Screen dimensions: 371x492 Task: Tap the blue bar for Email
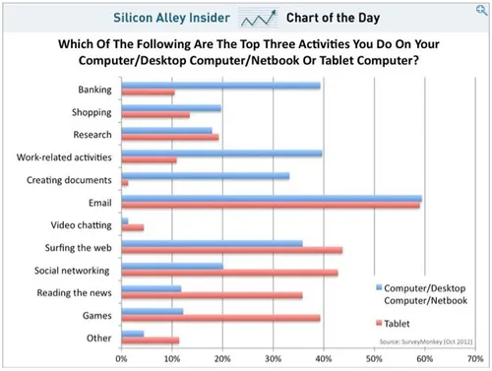pyautogui.click(x=272, y=199)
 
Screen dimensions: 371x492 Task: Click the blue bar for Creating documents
pyautogui.click(x=205, y=176)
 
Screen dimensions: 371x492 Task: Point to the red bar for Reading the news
pyautogui.click(x=212, y=295)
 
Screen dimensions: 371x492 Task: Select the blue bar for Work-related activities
pyautogui.click(x=221, y=153)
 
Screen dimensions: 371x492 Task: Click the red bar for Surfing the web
pyautogui.click(x=231, y=250)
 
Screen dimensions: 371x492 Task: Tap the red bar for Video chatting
pyautogui.click(x=132, y=227)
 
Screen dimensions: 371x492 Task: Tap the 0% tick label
pyautogui.click(x=122, y=360)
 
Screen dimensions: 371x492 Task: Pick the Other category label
pyautogui.click(x=98, y=338)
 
